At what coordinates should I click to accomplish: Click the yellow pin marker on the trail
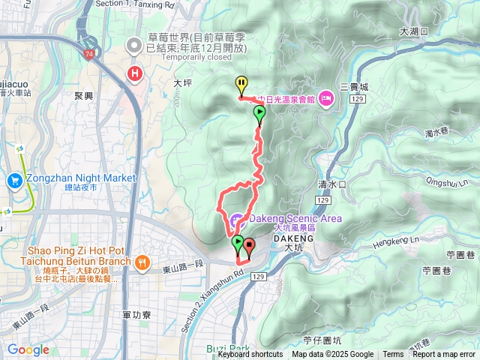[241, 84]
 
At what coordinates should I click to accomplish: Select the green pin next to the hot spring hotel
[259, 114]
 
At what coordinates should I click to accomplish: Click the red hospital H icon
[135, 73]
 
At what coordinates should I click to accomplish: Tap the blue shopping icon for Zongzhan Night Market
[15, 181]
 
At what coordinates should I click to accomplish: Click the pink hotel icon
[325, 97]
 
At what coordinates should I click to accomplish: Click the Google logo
[28, 349]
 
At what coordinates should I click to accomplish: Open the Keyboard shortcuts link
[250, 355]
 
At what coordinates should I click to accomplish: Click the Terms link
[393, 355]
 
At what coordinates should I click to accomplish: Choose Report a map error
[445, 355]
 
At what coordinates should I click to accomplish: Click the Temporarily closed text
[178, 57]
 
